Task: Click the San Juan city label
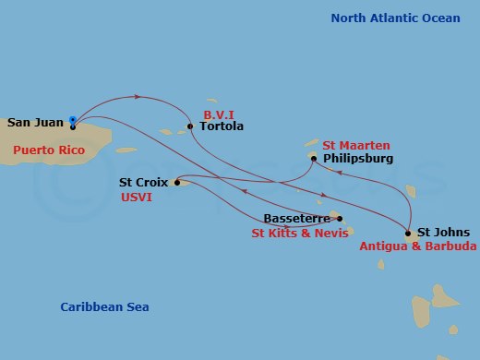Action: pos(35,122)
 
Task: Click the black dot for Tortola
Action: pos(190,126)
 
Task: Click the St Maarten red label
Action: pos(356,145)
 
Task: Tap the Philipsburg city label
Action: pos(359,159)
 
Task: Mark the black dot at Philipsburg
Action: pos(314,159)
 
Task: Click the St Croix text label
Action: pos(143,183)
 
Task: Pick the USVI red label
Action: pos(137,198)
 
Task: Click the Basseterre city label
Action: pos(297,219)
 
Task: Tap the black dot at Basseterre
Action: pos(340,219)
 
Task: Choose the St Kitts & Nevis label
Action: pos(300,234)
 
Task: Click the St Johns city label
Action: pos(443,233)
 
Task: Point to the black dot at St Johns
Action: pos(408,233)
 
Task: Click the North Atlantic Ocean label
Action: pos(398,18)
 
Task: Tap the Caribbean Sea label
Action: pos(104,307)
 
